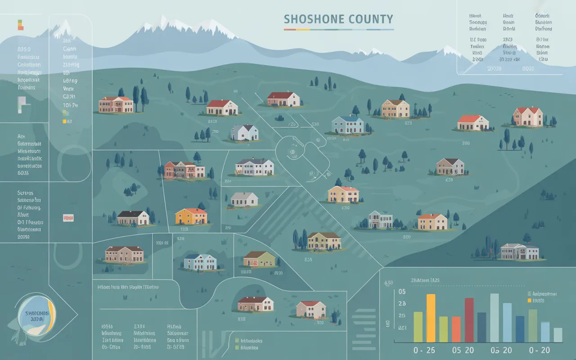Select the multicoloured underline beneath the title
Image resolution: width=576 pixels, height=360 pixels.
(339, 30)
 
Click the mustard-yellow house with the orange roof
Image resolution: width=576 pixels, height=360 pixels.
(191, 216)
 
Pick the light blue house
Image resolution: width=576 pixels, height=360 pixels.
(201, 262)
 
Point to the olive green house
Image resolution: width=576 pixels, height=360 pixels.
(259, 259)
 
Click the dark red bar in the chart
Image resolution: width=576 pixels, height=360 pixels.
(469, 320)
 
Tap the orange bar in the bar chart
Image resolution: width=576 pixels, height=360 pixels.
(456, 329)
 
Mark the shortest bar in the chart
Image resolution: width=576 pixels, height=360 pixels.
(558, 335)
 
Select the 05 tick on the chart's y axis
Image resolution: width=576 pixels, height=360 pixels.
(402, 291)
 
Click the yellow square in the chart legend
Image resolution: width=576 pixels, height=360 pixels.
(529, 300)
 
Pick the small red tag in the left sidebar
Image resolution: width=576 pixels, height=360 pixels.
(68, 218)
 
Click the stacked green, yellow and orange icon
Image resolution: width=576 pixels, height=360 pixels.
(20, 24)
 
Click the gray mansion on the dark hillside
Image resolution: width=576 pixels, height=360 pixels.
(519, 252)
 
